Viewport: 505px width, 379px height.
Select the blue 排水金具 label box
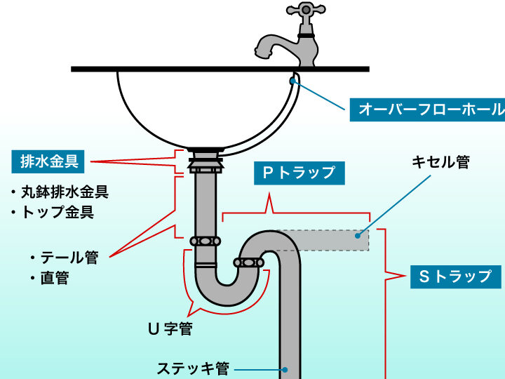tap(49, 162)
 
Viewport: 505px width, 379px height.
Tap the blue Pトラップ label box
tap(299, 173)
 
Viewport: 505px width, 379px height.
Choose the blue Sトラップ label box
tap(455, 276)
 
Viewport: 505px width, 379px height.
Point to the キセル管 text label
tap(440, 162)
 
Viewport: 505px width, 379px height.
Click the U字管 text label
tap(170, 328)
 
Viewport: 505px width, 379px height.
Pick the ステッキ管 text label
tap(193, 368)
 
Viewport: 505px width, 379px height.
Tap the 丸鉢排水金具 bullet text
tap(64, 192)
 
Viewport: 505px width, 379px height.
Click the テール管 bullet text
tap(68, 258)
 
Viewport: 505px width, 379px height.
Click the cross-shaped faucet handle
tap(305, 12)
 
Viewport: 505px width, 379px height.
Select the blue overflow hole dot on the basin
tap(292, 80)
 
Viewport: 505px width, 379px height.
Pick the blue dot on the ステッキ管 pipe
tap(285, 368)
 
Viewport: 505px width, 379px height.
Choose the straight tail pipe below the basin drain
tap(205, 204)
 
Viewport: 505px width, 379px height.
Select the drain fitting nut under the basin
tap(205, 165)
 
